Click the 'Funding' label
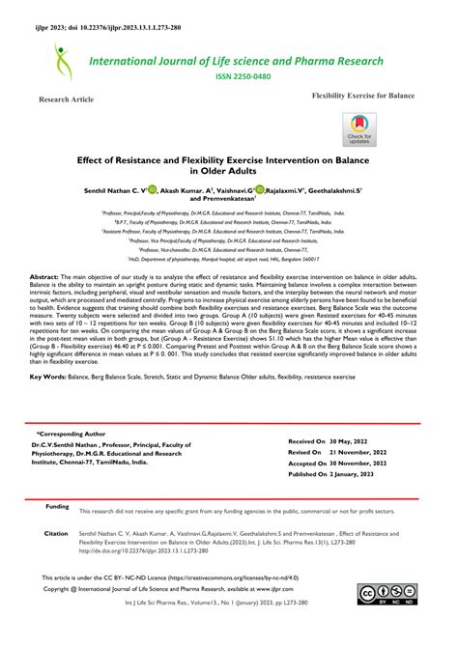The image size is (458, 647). [57, 506]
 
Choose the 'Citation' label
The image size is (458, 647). [56, 533]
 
